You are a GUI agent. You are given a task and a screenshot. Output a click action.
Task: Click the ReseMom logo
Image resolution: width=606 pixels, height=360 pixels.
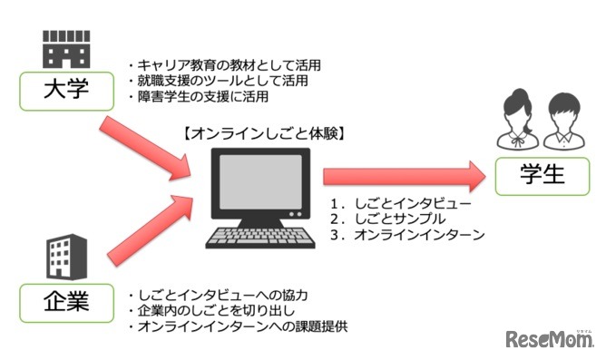[x=549, y=339]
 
